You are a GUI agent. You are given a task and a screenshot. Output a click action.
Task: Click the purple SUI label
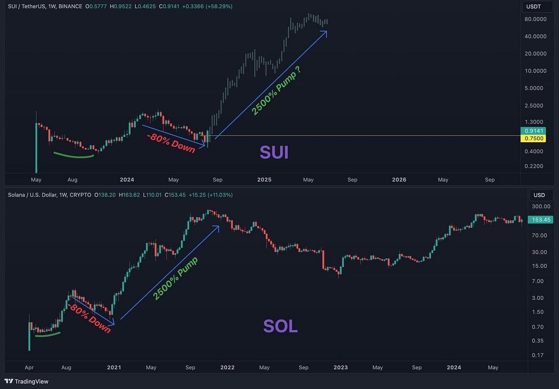pos(274,152)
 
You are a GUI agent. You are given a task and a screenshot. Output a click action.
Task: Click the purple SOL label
pos(280,326)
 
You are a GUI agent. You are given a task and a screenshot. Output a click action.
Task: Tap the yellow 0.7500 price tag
pos(533,138)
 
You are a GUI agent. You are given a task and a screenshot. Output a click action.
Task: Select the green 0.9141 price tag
pos(533,131)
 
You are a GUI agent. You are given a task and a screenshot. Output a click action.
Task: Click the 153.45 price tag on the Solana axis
pos(541,219)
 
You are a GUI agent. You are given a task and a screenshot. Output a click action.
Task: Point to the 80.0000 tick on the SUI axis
pos(535,19)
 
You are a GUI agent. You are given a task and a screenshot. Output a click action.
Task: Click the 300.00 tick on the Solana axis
pos(541,206)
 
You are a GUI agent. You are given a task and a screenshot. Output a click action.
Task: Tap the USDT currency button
pos(533,6)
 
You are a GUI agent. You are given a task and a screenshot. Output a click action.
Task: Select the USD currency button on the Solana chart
pos(539,195)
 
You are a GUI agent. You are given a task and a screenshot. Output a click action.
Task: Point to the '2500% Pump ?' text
pos(276,91)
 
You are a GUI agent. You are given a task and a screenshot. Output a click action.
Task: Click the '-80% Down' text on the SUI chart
pos(171,143)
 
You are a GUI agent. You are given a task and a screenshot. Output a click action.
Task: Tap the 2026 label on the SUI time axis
pos(399,180)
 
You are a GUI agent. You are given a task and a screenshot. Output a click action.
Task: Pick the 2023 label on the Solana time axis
pos(341,367)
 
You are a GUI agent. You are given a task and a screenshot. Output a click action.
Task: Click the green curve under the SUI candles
pos(73,156)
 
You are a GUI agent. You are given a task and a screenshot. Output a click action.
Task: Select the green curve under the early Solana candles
pos(48,335)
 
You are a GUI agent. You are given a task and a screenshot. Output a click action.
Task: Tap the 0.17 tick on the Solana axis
pos(537,355)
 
